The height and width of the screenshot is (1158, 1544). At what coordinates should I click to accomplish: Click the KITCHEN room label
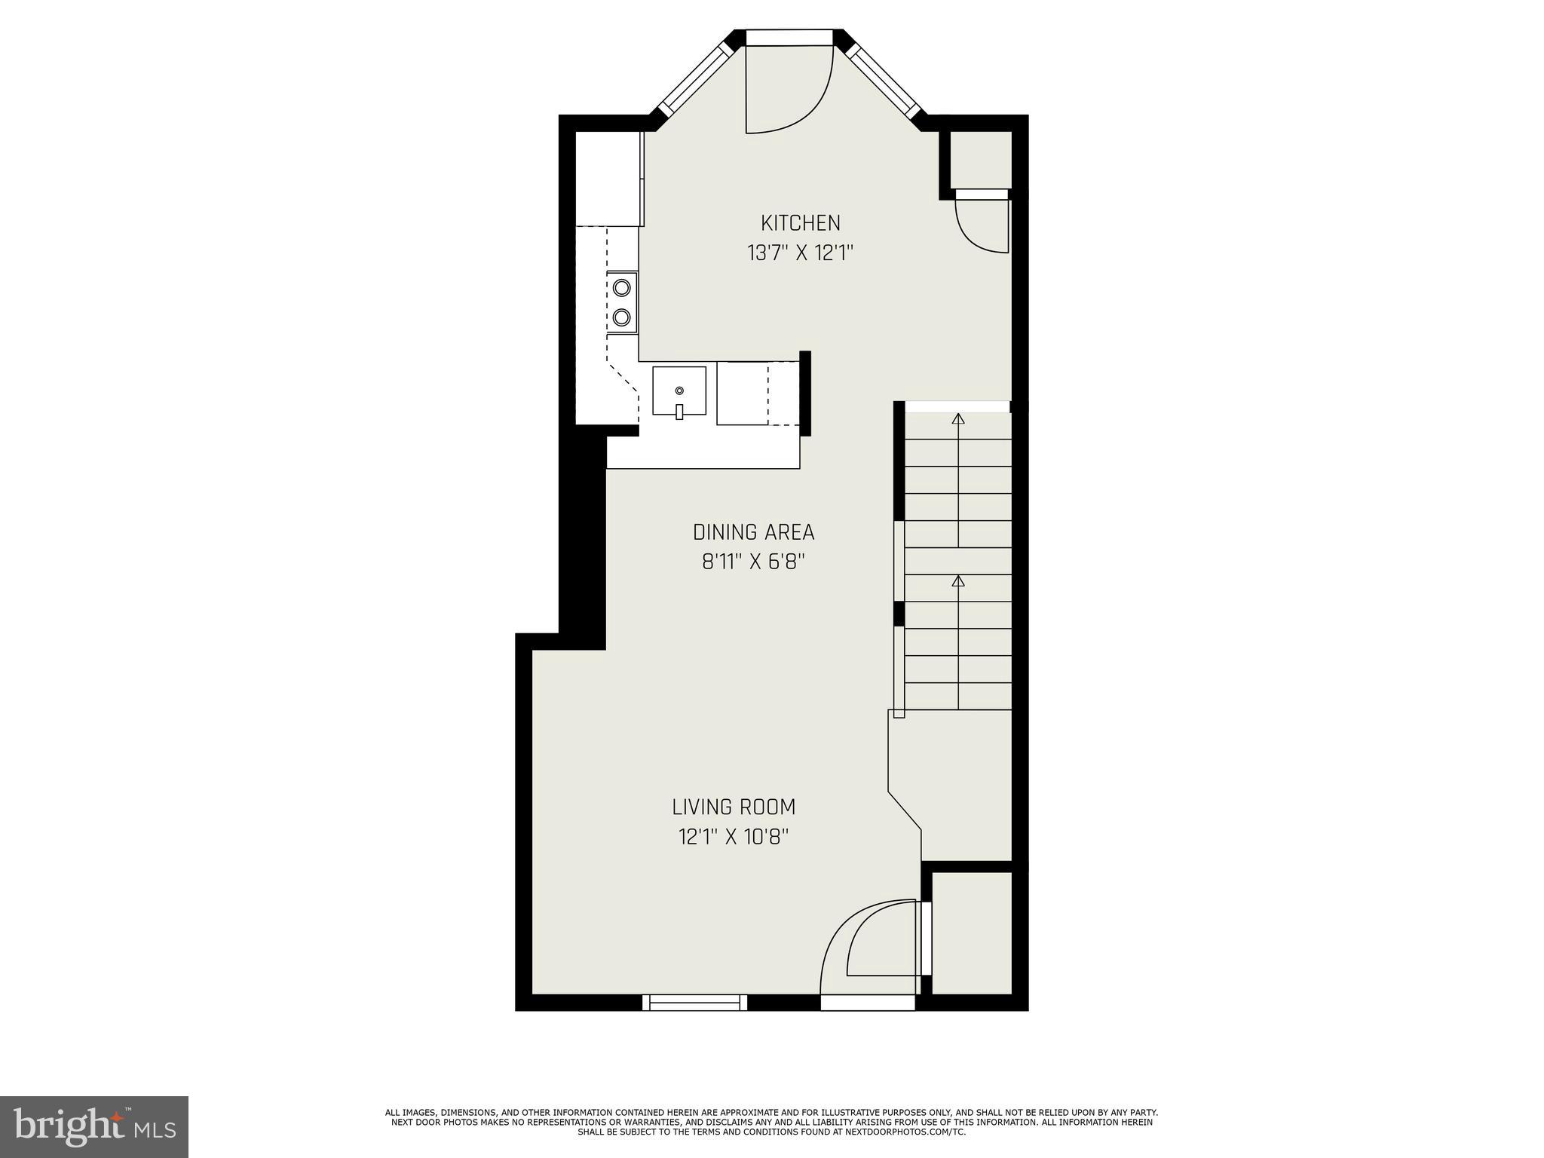800,223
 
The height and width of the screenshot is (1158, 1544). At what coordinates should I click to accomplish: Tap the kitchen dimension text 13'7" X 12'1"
800,253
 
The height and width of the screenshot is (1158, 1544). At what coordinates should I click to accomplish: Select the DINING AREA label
753,532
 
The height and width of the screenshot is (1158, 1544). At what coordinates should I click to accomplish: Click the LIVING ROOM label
734,807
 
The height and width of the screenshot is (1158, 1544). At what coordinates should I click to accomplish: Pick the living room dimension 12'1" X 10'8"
734,838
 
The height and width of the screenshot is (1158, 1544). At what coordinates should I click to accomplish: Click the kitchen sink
679,391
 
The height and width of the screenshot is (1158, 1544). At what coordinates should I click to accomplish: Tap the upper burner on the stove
622,287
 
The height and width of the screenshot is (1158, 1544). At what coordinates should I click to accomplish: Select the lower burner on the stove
622,317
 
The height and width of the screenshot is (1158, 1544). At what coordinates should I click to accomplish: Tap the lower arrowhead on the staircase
958,581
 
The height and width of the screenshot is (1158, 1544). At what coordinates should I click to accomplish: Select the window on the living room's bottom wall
694,1002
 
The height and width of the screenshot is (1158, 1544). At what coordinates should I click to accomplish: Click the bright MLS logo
94,1127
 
